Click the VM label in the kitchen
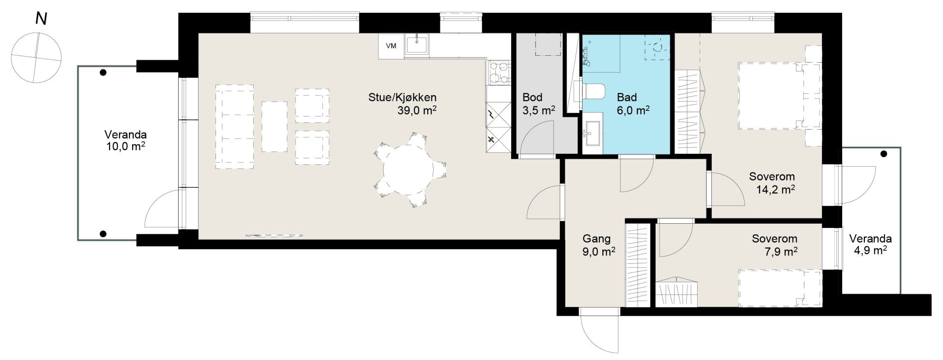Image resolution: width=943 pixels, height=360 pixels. [x=391, y=46]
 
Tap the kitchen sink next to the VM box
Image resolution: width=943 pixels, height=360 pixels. [x=417, y=45]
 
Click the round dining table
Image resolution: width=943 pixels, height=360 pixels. [x=408, y=170]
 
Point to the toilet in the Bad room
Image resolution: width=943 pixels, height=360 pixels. [x=594, y=91]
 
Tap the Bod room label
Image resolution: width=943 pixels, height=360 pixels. [x=532, y=97]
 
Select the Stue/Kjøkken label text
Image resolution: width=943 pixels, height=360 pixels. [x=402, y=98]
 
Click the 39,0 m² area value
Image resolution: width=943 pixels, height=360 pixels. [x=417, y=110]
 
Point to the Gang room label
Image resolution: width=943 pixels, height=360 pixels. [x=596, y=238]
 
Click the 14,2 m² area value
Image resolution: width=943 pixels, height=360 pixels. [x=775, y=189]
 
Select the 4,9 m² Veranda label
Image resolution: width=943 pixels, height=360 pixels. [x=870, y=244]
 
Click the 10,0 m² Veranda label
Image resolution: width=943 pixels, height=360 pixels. [x=125, y=140]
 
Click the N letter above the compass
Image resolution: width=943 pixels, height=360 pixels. [x=41, y=19]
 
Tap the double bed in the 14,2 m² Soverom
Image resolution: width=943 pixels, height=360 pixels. [x=780, y=95]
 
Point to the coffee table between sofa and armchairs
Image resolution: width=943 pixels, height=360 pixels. [x=274, y=127]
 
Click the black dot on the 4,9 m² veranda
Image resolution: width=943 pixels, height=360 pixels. [x=884, y=154]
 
